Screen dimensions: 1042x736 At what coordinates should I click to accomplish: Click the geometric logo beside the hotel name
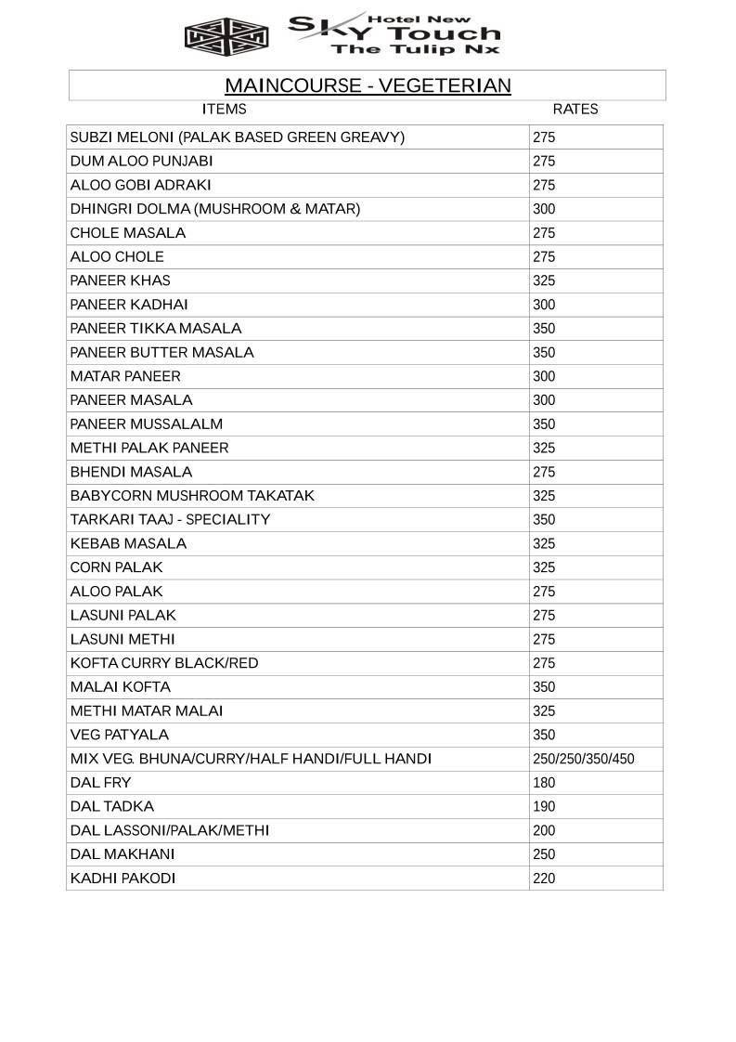(x=226, y=36)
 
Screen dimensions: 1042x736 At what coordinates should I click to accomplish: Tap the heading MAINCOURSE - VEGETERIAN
(x=368, y=86)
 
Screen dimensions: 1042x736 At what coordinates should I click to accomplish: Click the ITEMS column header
(x=224, y=110)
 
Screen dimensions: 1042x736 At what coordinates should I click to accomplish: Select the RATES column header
(x=575, y=110)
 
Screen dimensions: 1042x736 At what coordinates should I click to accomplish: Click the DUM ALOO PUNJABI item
(x=141, y=162)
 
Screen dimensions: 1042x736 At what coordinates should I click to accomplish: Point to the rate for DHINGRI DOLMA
(x=544, y=210)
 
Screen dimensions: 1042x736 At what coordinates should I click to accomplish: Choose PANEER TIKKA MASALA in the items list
(x=155, y=329)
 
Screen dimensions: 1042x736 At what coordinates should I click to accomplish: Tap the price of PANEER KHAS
(x=544, y=281)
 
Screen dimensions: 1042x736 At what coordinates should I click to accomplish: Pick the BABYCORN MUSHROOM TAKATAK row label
(x=192, y=496)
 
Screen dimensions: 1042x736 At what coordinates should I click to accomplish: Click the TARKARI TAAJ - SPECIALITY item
(x=170, y=520)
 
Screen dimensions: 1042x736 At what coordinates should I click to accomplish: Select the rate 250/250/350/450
(x=584, y=760)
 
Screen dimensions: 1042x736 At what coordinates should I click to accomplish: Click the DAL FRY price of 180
(x=544, y=784)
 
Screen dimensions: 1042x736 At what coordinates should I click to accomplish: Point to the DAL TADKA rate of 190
(x=544, y=807)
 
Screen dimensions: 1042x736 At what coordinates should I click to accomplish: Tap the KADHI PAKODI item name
(x=123, y=879)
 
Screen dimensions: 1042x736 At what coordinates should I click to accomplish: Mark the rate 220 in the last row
(x=544, y=879)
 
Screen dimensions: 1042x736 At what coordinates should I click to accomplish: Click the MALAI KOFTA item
(x=120, y=687)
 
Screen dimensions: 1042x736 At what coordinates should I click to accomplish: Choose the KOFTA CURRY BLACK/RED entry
(x=164, y=663)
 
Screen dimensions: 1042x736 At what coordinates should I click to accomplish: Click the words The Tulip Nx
(x=415, y=49)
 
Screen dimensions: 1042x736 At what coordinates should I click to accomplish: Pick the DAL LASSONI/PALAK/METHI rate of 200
(x=544, y=831)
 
